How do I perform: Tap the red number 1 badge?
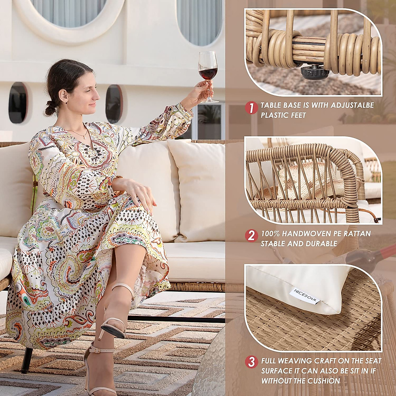tap(251, 108)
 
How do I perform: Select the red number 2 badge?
tap(251, 236)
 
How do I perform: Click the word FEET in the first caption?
tap(296, 115)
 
